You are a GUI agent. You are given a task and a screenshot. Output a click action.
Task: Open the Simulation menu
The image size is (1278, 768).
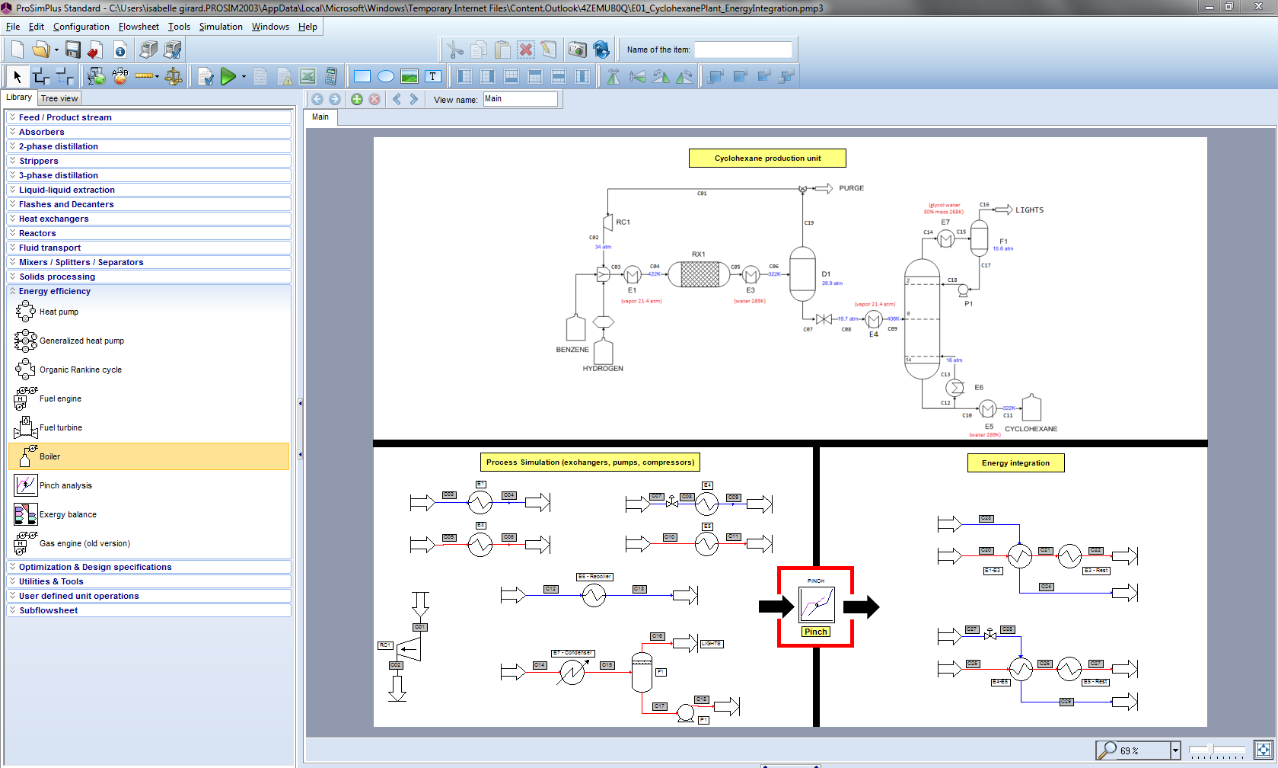point(221,27)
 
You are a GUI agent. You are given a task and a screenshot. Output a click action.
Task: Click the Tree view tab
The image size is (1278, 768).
point(59,98)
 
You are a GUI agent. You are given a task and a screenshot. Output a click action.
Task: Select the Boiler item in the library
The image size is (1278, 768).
point(50,456)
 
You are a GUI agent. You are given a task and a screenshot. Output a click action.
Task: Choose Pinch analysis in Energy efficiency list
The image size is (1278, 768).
point(65,485)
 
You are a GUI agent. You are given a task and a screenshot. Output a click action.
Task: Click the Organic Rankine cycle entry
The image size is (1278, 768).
point(80,370)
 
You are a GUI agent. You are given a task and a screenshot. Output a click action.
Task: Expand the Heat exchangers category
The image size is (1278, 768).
point(53,219)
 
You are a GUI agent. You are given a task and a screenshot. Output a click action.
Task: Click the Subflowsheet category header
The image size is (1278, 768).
point(49,610)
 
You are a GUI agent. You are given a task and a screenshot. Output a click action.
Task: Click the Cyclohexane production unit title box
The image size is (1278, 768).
point(767,158)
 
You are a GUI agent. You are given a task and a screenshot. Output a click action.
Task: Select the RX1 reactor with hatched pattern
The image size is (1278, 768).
point(699,274)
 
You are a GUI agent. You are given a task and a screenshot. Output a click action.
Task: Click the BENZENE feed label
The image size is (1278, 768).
point(572,350)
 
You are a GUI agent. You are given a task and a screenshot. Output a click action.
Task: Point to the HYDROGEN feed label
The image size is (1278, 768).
point(603,369)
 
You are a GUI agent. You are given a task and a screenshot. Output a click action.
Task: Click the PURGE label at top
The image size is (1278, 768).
point(851,188)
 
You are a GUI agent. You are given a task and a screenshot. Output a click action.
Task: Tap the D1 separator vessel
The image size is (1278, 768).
point(802,274)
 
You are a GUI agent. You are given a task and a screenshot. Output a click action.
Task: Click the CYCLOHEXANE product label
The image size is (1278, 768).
point(1031,429)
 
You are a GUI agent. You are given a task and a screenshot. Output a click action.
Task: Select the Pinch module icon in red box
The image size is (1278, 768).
point(816,605)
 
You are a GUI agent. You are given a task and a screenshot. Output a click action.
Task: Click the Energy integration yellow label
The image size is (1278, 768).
point(1015,463)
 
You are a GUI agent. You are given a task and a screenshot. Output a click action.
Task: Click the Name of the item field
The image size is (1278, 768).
point(743,50)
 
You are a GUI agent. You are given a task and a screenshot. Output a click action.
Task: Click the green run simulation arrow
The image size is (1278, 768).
point(228,76)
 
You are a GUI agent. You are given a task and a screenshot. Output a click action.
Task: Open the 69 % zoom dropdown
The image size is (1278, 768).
point(1174,750)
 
